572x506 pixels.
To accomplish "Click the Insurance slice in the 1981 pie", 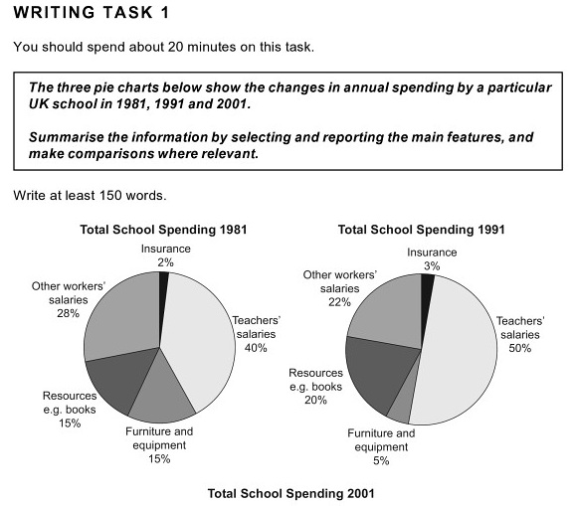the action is pyautogui.click(x=163, y=291).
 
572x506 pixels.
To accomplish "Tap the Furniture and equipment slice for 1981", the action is pyautogui.click(x=161, y=394).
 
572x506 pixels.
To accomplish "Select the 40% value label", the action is pyautogui.click(x=256, y=348).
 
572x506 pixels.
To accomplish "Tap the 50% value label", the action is pyautogui.click(x=520, y=348).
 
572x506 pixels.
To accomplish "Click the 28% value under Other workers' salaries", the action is pyautogui.click(x=68, y=313).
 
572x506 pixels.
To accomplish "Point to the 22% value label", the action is pyautogui.click(x=339, y=302).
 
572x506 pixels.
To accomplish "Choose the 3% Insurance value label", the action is pyautogui.click(x=432, y=266).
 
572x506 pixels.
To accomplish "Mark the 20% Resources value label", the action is pyautogui.click(x=315, y=401).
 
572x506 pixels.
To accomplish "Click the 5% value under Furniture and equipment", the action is pyautogui.click(x=381, y=461).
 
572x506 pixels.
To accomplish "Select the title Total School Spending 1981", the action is pyautogui.click(x=163, y=230).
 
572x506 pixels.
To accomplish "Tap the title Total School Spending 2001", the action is pyautogui.click(x=291, y=494).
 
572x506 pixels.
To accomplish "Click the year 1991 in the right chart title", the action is pyautogui.click(x=489, y=230).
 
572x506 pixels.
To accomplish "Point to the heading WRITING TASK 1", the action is pyautogui.click(x=92, y=12).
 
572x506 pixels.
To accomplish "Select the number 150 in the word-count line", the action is pyautogui.click(x=109, y=196).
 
